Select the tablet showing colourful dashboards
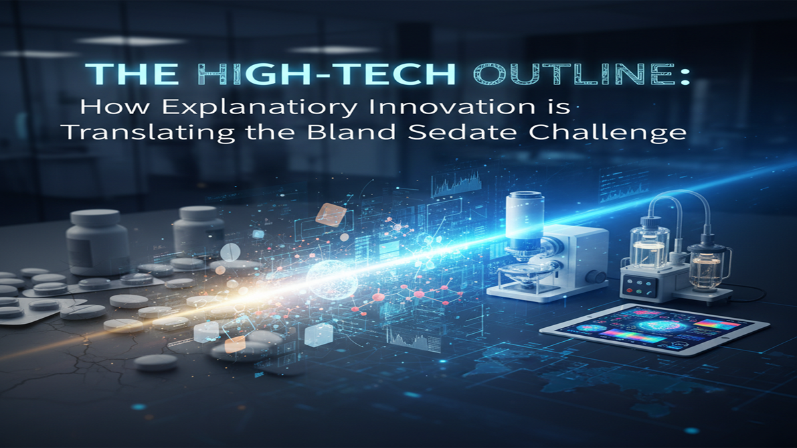tap(654, 328)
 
